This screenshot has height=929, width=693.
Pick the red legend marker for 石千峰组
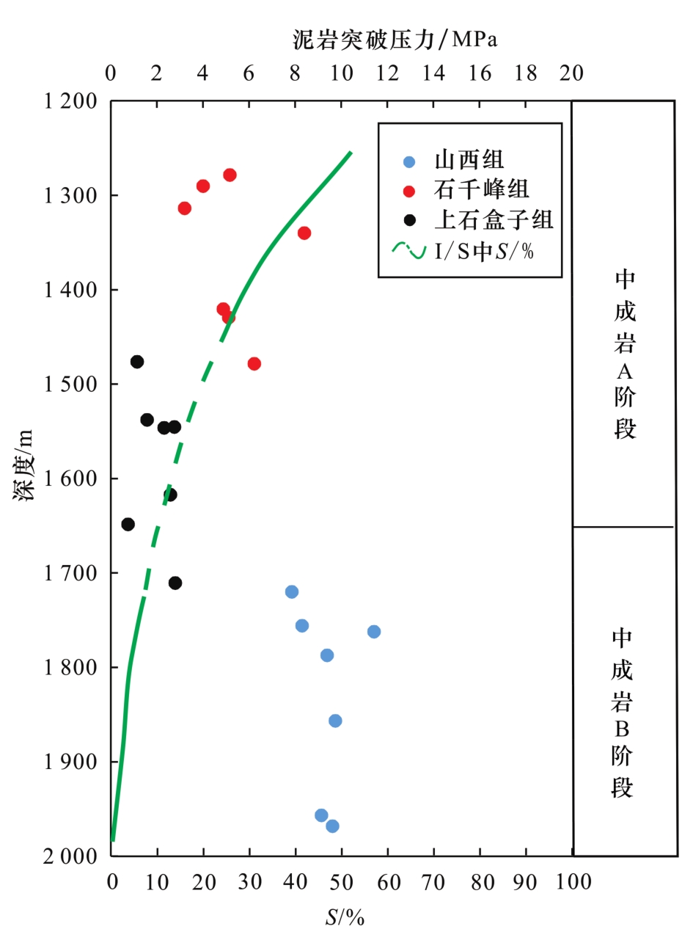(x=410, y=191)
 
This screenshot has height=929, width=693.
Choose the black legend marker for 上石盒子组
(x=410, y=220)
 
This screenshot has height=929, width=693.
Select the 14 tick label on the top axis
(x=433, y=74)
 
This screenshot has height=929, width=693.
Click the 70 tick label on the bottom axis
(x=433, y=881)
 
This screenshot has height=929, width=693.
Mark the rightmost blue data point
(x=374, y=632)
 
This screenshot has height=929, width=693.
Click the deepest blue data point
(x=332, y=826)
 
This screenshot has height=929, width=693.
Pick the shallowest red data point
(x=230, y=175)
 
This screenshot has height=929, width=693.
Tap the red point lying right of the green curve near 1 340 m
(x=304, y=233)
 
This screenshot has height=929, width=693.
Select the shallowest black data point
(x=137, y=362)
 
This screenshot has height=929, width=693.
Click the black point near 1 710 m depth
(x=175, y=583)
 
